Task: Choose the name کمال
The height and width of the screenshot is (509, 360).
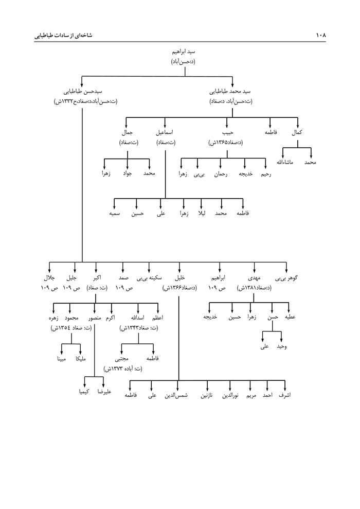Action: [297, 133]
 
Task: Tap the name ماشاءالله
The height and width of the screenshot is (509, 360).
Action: [282, 163]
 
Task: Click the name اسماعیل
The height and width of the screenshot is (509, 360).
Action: [165, 133]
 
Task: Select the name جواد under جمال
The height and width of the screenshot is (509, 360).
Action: [127, 173]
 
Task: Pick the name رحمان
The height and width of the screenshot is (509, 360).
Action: [221, 173]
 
